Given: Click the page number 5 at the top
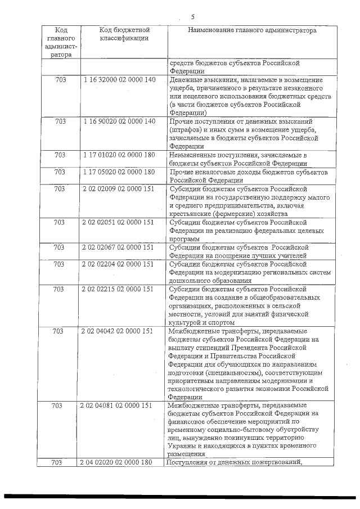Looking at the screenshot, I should pos(192,16).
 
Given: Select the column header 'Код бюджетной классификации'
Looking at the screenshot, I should pos(124,34).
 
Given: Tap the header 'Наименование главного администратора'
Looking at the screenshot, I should pos(252,30).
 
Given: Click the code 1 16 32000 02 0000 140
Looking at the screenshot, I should pos(118,80).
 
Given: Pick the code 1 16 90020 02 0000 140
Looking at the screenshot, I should pos(118,121).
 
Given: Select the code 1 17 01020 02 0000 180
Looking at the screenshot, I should pos(118,155).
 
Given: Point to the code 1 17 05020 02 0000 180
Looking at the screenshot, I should pos(118,172).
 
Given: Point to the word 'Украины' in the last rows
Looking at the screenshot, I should pos(183,446).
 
